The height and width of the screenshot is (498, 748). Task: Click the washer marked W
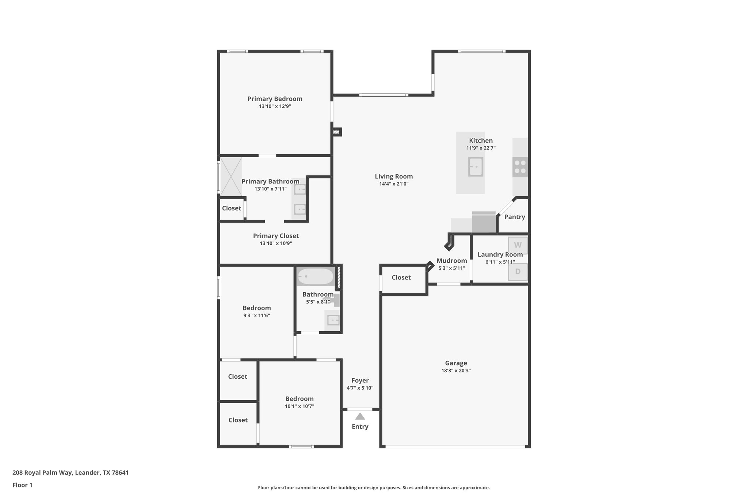click(x=518, y=245)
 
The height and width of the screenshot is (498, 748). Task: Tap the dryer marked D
click(x=518, y=272)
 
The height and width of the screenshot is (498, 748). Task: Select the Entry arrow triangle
click(x=360, y=416)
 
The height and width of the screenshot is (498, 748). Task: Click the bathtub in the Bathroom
click(x=315, y=277)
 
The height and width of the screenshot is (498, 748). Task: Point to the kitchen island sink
click(x=476, y=167)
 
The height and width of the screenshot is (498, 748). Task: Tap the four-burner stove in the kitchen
click(x=520, y=167)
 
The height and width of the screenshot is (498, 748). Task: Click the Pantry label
click(x=514, y=217)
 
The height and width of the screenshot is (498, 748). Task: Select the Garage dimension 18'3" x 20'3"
click(x=455, y=371)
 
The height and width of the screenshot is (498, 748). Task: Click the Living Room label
click(x=393, y=177)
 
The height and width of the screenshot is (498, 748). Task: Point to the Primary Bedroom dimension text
click(x=275, y=107)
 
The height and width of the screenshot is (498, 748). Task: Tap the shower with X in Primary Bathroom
click(x=230, y=176)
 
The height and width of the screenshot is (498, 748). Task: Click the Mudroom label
click(x=451, y=260)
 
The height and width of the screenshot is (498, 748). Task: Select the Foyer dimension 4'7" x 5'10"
click(x=360, y=388)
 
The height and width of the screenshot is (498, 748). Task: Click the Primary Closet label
click(x=275, y=236)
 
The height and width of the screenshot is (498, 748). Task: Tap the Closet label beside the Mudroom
click(x=401, y=278)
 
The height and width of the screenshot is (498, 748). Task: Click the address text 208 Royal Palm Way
click(x=70, y=472)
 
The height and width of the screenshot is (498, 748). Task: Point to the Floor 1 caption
click(x=22, y=485)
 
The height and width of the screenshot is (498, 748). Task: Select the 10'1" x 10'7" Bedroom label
click(x=299, y=399)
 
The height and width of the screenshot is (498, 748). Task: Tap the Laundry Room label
click(x=500, y=255)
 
